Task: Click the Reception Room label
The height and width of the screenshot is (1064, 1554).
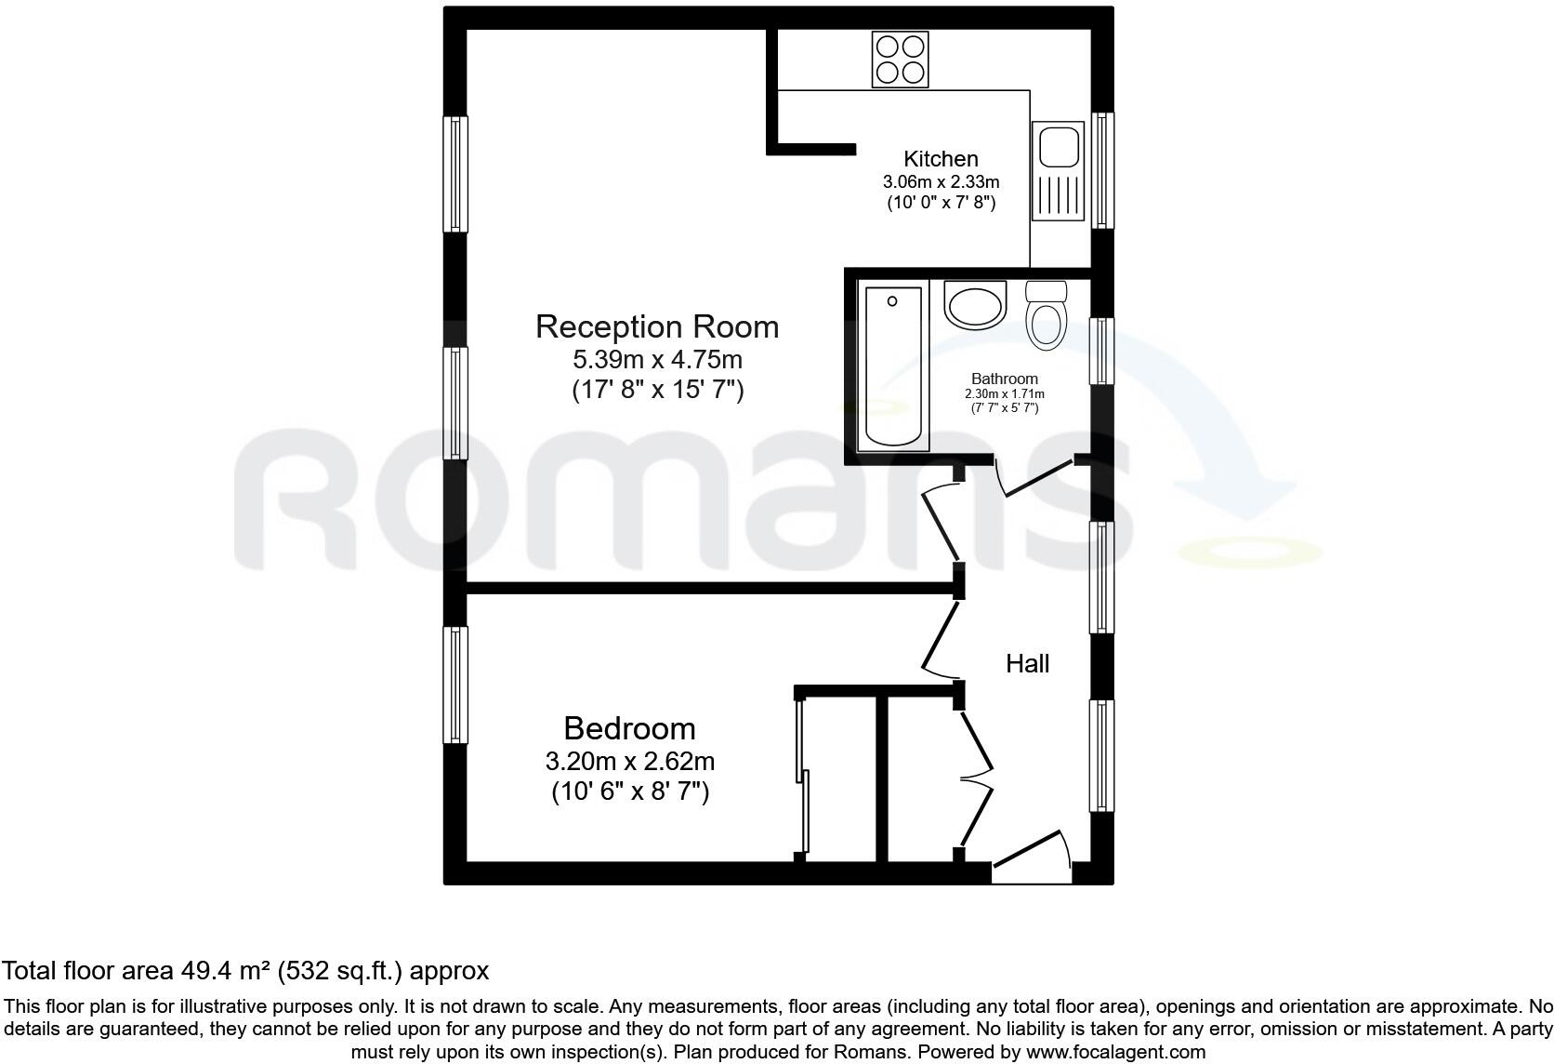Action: [657, 326]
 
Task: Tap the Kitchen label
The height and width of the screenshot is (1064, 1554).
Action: [941, 159]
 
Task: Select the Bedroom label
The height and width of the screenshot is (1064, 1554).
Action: [629, 727]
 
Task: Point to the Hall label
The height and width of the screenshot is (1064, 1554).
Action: [1027, 663]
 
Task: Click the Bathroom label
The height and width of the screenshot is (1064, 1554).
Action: [1004, 379]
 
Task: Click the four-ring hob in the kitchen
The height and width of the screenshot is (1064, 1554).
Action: [900, 60]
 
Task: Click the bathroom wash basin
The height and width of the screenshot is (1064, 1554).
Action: [974, 304]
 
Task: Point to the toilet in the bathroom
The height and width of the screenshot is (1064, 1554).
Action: [1047, 314]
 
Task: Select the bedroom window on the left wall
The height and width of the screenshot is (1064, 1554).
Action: [454, 685]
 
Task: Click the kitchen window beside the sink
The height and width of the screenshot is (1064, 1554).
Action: [1102, 170]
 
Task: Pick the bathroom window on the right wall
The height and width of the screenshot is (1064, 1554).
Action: [1100, 351]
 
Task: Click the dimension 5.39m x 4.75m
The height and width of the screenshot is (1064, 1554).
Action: [657, 359]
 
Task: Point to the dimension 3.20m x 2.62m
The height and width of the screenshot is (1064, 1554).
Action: [629, 762]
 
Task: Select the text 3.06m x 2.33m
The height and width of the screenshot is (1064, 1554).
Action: [941, 182]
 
